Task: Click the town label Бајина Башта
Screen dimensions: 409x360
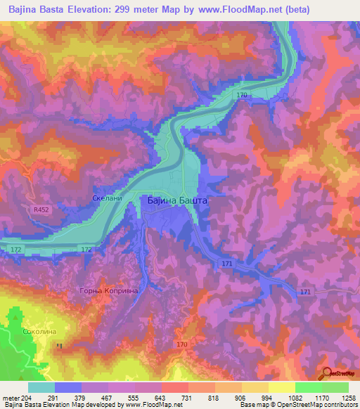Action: (178, 200)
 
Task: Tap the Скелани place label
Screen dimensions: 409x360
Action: (108, 199)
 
